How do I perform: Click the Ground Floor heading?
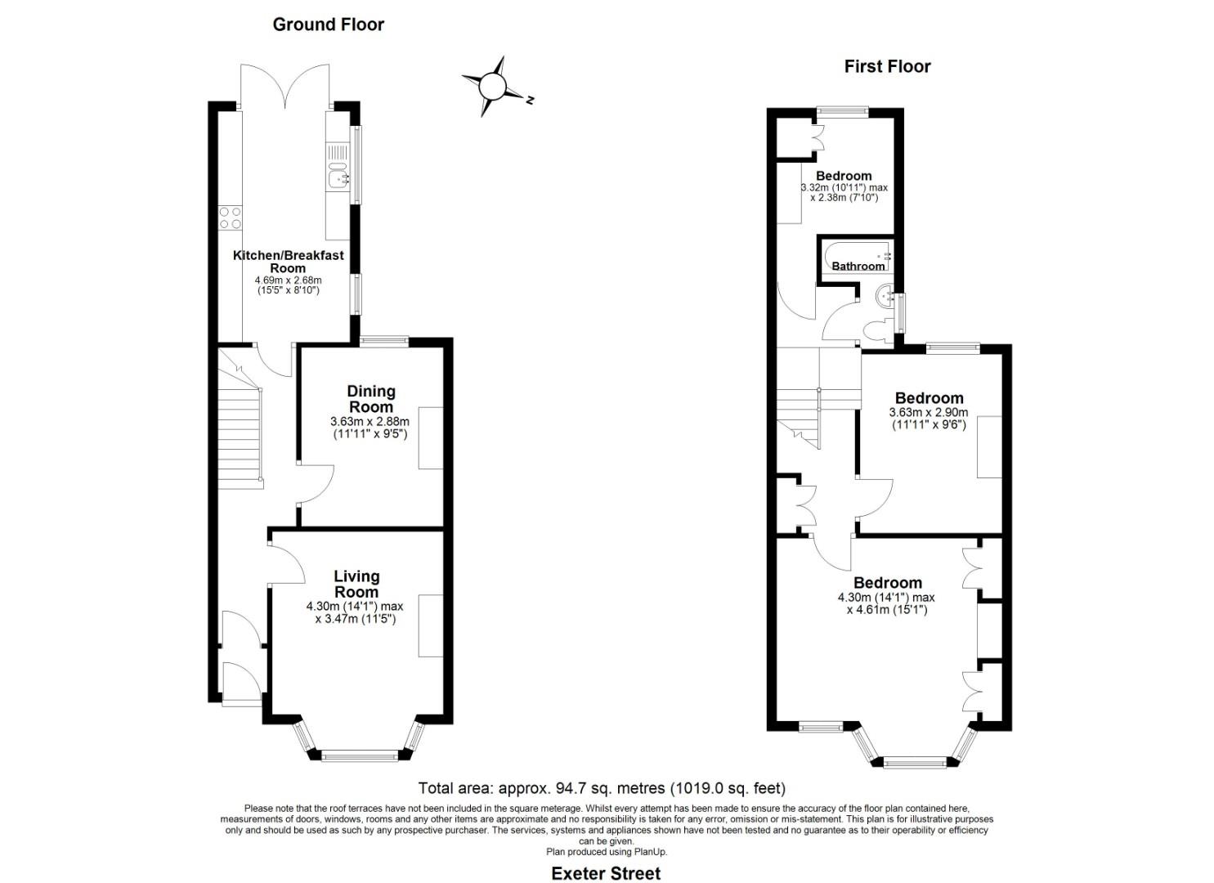tap(328, 25)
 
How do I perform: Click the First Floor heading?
tap(887, 66)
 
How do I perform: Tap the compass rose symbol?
tap(493, 86)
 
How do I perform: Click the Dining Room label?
tap(370, 399)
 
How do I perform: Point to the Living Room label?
tap(356, 585)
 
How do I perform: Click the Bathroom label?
tap(858, 266)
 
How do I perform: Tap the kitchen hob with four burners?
tap(230, 217)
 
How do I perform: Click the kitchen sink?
tap(337, 174)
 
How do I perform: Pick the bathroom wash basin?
tap(885, 297)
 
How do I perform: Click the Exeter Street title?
tap(606, 873)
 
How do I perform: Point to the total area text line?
tap(602, 788)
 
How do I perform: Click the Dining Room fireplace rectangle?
tap(431, 437)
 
